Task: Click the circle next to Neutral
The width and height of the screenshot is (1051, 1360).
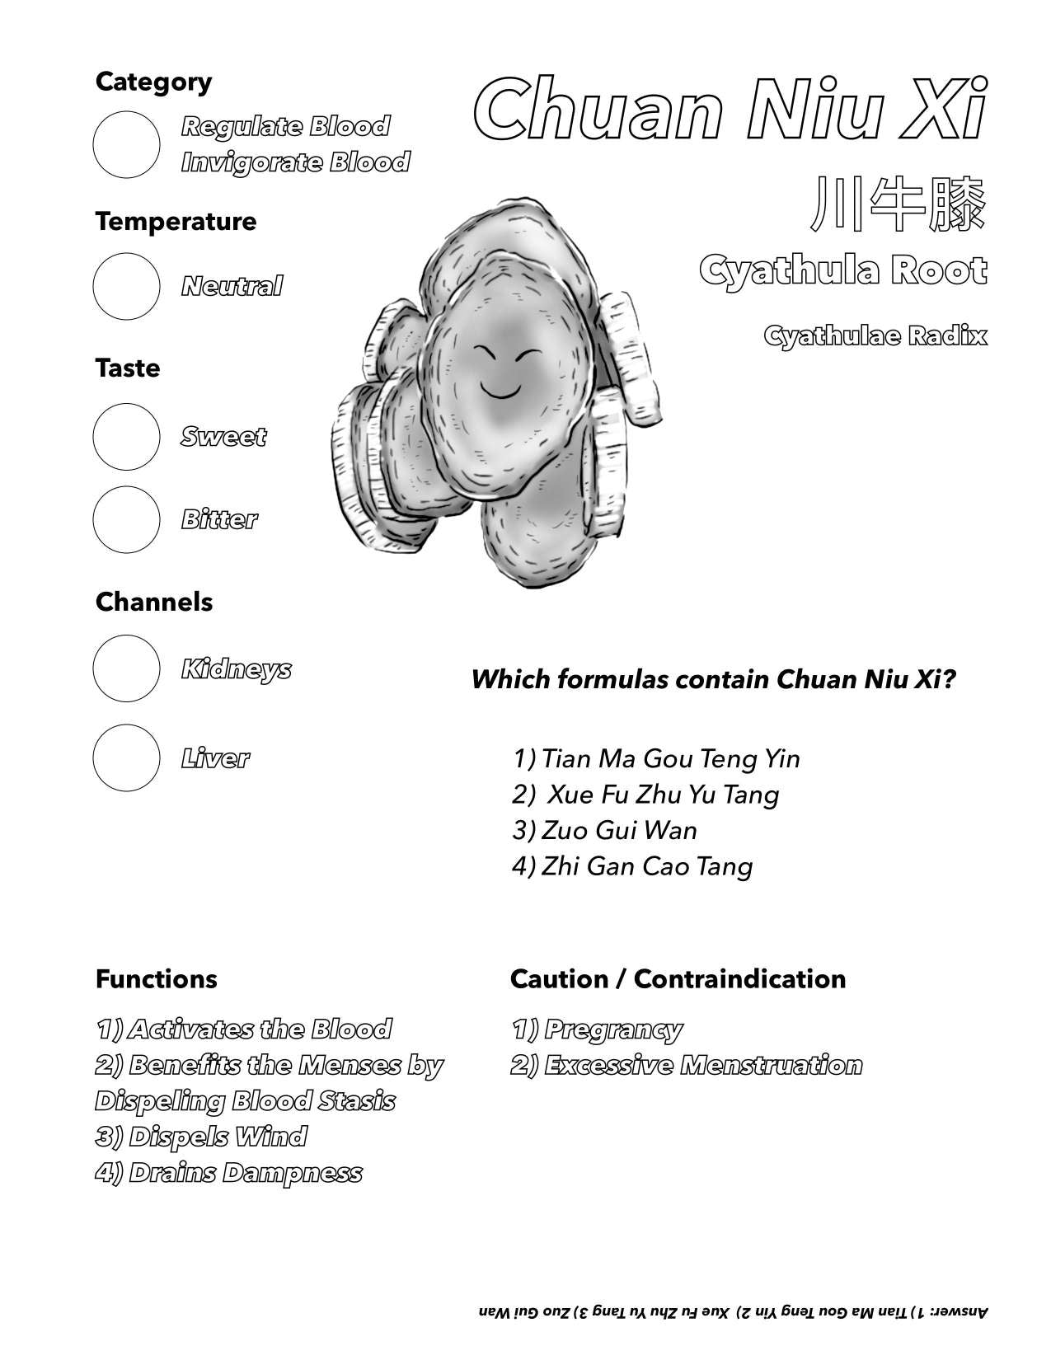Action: click(x=126, y=286)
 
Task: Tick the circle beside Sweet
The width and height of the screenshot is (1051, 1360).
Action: click(x=126, y=436)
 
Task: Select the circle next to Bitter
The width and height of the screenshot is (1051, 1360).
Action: click(x=126, y=519)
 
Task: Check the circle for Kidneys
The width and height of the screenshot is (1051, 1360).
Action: click(x=126, y=668)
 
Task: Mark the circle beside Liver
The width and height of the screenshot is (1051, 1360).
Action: click(x=126, y=757)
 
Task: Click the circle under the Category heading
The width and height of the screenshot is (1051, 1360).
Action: click(x=126, y=144)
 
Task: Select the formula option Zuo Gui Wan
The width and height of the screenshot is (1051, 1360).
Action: click(x=604, y=830)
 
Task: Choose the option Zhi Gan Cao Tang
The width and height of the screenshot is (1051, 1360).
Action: click(x=632, y=866)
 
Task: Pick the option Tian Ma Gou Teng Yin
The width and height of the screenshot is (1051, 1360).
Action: click(x=656, y=758)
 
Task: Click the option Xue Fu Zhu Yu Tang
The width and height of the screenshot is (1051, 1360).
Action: click(x=645, y=795)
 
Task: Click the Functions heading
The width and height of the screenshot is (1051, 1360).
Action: click(x=157, y=979)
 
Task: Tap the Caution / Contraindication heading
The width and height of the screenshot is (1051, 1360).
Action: click(x=678, y=979)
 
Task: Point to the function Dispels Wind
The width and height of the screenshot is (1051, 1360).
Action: click(x=201, y=1137)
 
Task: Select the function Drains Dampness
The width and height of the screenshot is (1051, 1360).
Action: click(x=229, y=1173)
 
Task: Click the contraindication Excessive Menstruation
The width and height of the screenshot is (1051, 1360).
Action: click(x=687, y=1065)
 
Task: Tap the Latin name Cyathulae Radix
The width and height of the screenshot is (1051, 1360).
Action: click(x=875, y=336)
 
